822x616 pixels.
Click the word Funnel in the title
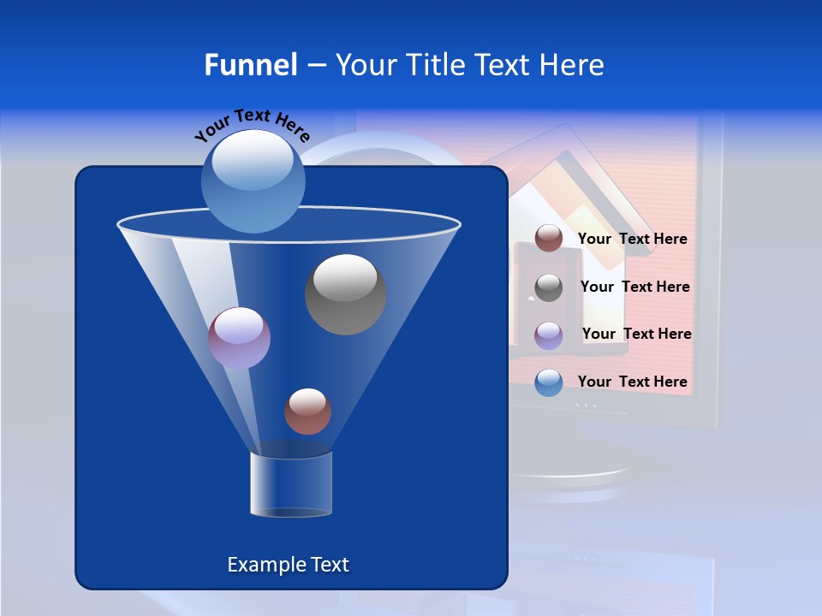[x=250, y=65]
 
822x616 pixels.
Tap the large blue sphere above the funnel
[x=253, y=181]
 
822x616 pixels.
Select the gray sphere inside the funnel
[x=345, y=295]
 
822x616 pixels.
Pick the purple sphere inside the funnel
[x=239, y=338]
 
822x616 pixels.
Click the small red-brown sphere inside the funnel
[x=307, y=412]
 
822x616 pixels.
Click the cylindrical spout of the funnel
[x=291, y=485]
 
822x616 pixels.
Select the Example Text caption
[x=288, y=565]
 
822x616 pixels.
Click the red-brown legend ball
[x=549, y=239]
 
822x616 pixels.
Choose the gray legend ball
[x=549, y=287]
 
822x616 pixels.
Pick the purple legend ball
[x=549, y=335]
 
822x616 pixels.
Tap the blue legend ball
[x=549, y=382]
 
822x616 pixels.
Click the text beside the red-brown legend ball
[x=632, y=240]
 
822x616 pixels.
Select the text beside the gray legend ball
[x=634, y=287]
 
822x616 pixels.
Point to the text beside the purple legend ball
[x=636, y=335]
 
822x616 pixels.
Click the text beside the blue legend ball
[x=632, y=382]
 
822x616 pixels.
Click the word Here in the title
[x=574, y=65]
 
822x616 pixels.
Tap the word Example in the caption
[x=265, y=565]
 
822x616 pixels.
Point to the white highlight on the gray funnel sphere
[x=345, y=277]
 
